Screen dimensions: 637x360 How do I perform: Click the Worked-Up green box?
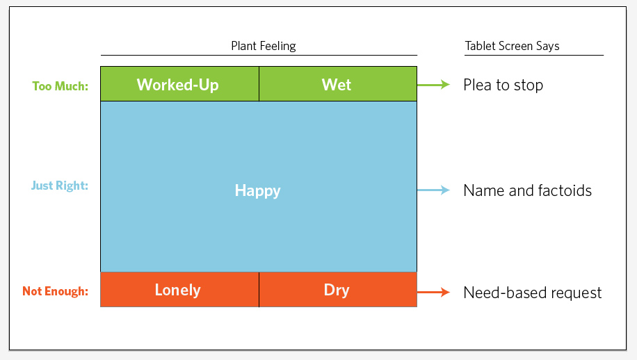point(179,84)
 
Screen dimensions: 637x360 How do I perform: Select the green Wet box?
point(338,84)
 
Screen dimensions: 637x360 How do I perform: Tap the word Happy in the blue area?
point(257,190)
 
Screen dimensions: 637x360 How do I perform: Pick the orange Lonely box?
point(179,289)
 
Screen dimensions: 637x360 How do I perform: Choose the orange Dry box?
point(338,289)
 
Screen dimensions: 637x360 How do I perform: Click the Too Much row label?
point(60,86)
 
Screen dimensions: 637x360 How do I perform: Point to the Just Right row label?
point(60,186)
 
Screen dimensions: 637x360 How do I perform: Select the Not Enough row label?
point(55,291)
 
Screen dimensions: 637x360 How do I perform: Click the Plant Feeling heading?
point(264,46)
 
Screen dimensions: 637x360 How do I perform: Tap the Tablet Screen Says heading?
point(512,46)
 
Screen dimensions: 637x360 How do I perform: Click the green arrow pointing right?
point(433,85)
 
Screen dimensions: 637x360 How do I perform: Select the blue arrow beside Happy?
point(433,190)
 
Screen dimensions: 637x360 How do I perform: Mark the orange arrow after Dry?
point(433,292)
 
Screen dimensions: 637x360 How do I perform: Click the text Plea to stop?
point(503,85)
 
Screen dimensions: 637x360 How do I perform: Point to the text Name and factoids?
point(527,190)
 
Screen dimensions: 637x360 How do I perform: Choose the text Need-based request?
point(532,293)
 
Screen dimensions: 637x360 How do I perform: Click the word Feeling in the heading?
point(278,47)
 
